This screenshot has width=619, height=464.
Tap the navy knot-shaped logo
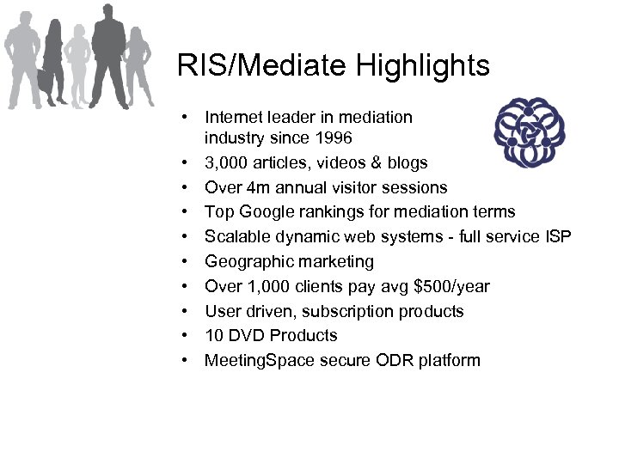(530, 131)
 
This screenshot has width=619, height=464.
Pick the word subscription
(361, 311)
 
